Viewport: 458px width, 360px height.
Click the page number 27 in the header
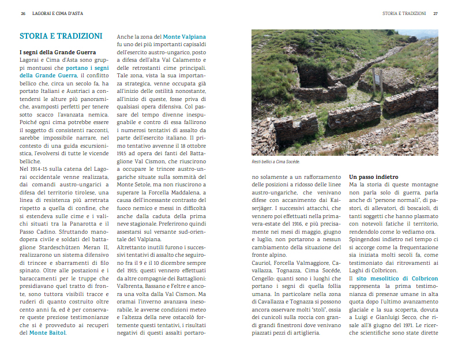click(436, 13)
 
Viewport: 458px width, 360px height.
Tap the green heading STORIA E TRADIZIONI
click(61, 36)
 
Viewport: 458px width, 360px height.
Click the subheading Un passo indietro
click(373, 176)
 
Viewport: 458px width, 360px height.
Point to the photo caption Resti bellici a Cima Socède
click(276, 162)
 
